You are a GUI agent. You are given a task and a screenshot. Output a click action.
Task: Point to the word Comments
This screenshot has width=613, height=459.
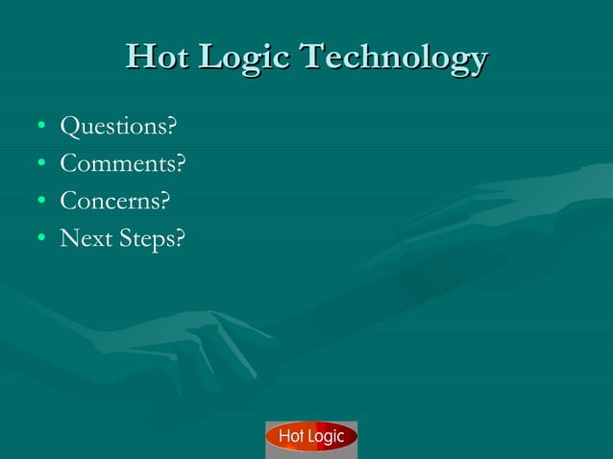pos(118,164)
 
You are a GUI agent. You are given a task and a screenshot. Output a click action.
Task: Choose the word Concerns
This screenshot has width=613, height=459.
pos(110,202)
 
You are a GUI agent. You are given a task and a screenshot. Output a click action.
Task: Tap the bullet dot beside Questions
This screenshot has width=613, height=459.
pos(40,127)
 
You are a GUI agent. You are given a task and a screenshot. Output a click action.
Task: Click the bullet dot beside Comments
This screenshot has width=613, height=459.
pos(40,164)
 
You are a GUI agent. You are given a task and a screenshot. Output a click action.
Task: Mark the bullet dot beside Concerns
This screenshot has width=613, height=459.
pos(40,202)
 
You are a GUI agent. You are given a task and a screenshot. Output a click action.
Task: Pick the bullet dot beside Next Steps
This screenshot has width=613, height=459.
pos(40,238)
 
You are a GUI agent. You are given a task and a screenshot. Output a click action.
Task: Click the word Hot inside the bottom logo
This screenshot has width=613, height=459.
pos(290,438)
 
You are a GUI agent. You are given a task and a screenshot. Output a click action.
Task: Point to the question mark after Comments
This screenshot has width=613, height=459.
pos(181,164)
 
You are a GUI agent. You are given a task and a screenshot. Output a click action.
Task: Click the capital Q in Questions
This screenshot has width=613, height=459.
pos(70,127)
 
